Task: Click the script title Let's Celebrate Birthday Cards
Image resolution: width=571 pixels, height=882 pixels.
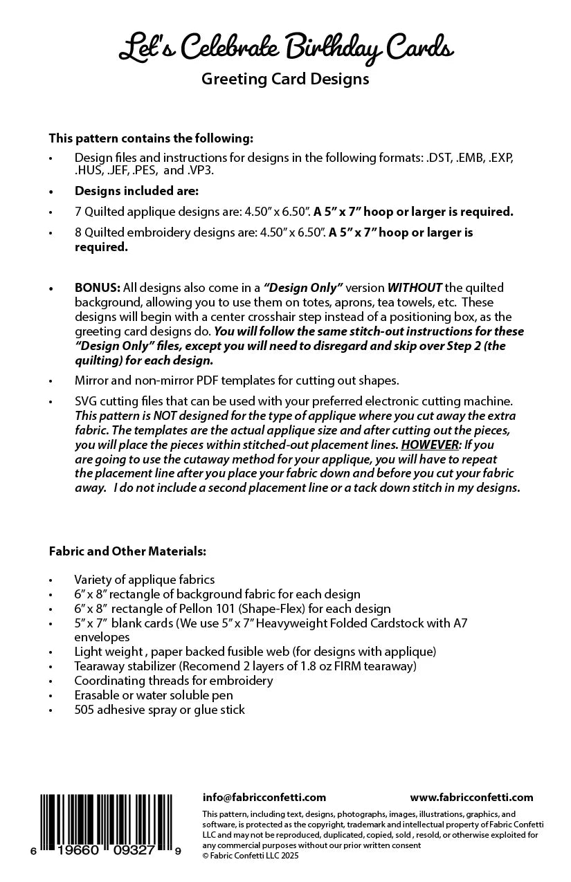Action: (x=285, y=49)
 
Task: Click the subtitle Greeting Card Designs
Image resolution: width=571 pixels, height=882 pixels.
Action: (x=285, y=80)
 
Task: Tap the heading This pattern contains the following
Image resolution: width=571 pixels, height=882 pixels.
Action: (x=151, y=138)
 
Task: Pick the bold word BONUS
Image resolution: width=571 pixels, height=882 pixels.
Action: (x=98, y=287)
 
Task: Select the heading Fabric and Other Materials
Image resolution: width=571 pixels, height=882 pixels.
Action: (x=127, y=551)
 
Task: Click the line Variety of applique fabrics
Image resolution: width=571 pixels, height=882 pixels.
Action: (x=145, y=580)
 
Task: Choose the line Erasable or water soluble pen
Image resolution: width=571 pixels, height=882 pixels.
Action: (x=154, y=695)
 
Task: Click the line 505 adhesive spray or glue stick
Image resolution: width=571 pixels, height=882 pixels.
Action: (x=159, y=710)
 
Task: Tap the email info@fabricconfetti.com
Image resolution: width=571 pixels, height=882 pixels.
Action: (x=264, y=798)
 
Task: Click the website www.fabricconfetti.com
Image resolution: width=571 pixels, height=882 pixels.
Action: (x=471, y=798)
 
